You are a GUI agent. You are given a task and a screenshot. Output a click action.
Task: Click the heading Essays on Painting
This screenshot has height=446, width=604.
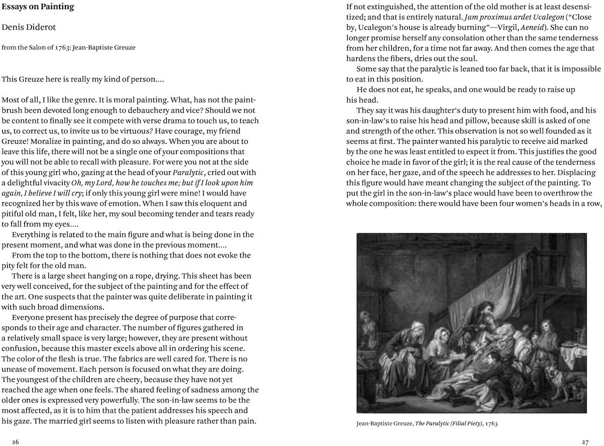pos(38,8)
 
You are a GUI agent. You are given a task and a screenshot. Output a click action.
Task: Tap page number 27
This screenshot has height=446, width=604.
pos(585,442)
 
